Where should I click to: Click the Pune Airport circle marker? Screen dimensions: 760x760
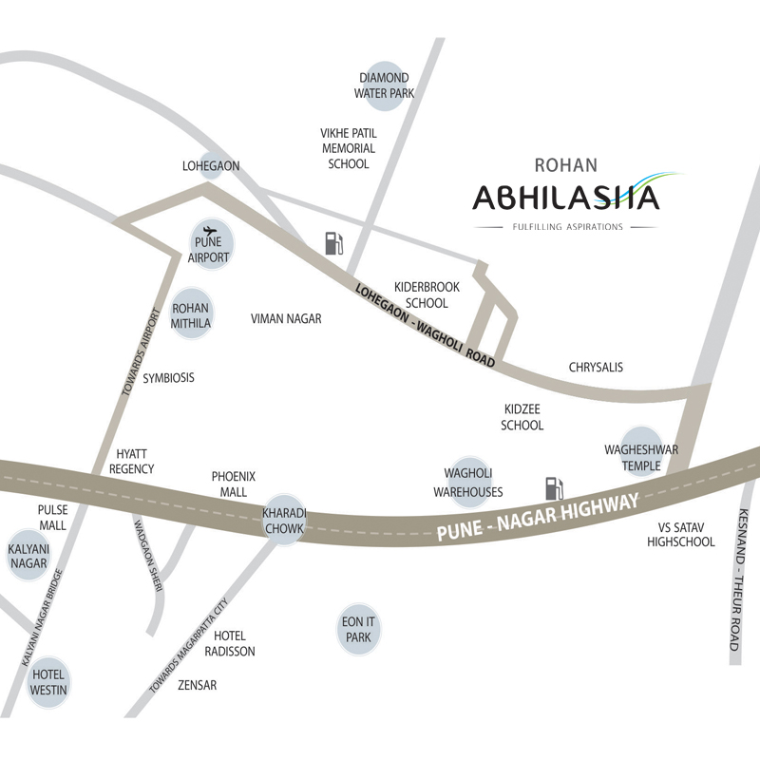[x=210, y=243]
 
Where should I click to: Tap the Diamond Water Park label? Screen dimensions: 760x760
[x=384, y=85]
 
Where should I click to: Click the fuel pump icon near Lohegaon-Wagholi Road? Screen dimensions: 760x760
[x=333, y=243]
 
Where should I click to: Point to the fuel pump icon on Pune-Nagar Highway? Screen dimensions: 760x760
[x=553, y=488]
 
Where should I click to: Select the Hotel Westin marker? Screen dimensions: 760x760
[x=48, y=682]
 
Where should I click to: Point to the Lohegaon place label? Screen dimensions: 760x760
[x=211, y=166]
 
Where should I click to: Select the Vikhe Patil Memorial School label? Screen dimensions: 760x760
[x=349, y=148]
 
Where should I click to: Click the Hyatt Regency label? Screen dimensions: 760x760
[x=132, y=462]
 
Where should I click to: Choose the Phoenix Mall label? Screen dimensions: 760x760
[x=234, y=484]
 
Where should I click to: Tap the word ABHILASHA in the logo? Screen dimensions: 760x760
[x=566, y=199]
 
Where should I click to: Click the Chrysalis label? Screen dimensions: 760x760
[x=596, y=367]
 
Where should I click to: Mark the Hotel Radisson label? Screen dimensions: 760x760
[x=234, y=643]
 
